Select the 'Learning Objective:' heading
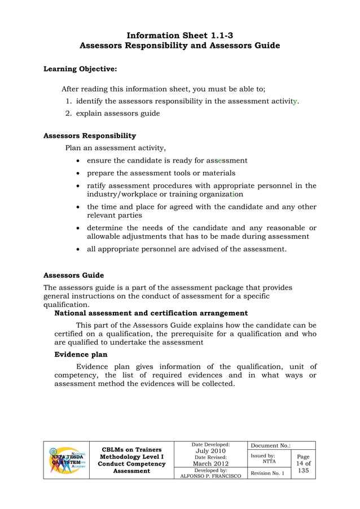point(80,69)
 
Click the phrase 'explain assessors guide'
point(118,113)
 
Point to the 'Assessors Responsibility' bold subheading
point(90,136)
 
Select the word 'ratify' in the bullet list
point(96,186)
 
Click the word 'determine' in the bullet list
point(106,228)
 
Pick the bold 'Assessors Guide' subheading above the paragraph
point(74,275)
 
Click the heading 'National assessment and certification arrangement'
point(151,313)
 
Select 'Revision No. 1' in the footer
point(267,473)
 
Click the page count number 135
point(303,470)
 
